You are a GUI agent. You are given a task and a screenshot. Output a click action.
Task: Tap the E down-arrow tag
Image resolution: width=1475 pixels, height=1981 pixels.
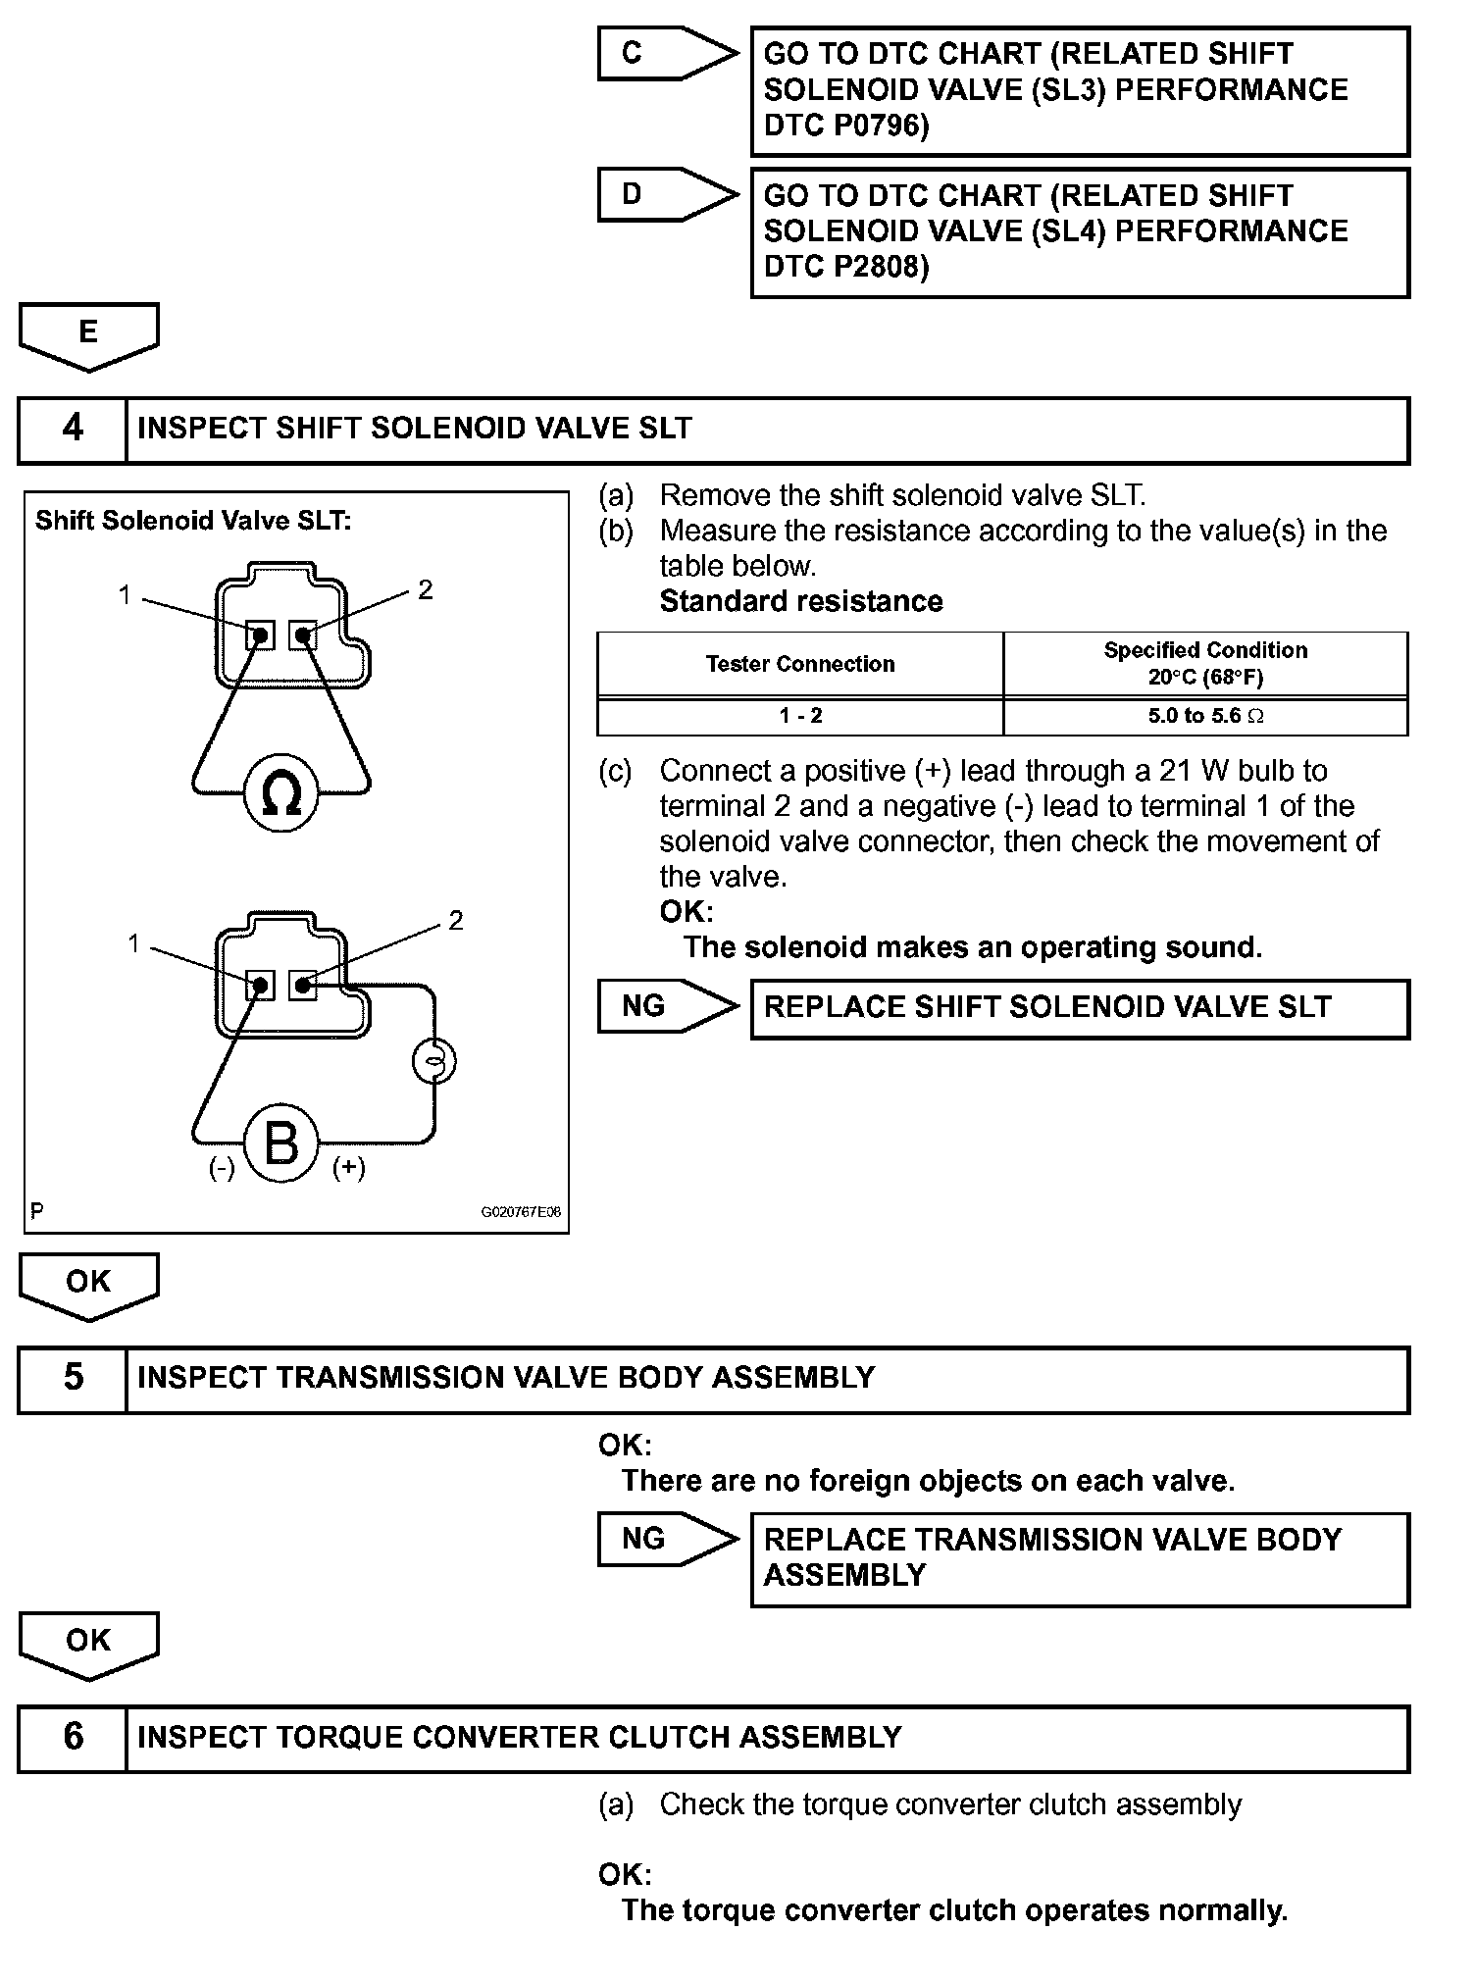pyautogui.click(x=88, y=334)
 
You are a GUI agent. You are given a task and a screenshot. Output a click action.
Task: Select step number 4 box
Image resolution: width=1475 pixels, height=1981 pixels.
pyautogui.click(x=73, y=429)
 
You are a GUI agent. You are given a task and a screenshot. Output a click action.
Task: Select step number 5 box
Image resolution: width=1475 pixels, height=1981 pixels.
pyautogui.click(x=73, y=1378)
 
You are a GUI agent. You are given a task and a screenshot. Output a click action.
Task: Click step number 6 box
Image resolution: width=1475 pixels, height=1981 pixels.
pyautogui.click(x=73, y=1737)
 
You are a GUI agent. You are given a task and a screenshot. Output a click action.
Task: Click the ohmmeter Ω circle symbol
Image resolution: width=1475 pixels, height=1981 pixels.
pyautogui.click(x=281, y=793)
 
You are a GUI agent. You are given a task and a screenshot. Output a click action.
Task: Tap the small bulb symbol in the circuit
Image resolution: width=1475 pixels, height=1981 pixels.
pyautogui.click(x=433, y=1062)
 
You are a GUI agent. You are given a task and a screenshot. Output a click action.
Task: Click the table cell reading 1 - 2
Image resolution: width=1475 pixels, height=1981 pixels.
pyautogui.click(x=800, y=716)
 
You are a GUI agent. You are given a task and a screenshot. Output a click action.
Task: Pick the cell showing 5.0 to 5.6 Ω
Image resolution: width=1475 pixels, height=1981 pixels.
pyautogui.click(x=1205, y=716)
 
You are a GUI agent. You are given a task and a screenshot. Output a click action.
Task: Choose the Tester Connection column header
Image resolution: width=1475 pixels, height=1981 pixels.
pyautogui.click(x=800, y=664)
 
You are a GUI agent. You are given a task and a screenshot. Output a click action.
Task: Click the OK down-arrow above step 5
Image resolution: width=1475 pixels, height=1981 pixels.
pyautogui.click(x=88, y=1284)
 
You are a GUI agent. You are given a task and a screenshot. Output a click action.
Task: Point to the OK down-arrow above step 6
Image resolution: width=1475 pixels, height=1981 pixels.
pyautogui.click(x=88, y=1643)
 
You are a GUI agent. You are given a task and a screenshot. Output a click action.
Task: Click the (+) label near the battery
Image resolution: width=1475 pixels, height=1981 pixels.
pyautogui.click(x=349, y=1168)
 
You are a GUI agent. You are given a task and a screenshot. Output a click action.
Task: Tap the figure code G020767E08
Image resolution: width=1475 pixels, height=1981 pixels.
pyautogui.click(x=521, y=1212)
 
